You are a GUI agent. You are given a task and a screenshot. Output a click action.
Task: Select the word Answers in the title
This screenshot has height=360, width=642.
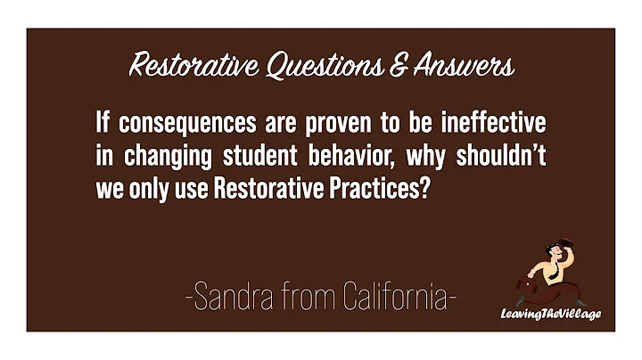pos(466,65)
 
